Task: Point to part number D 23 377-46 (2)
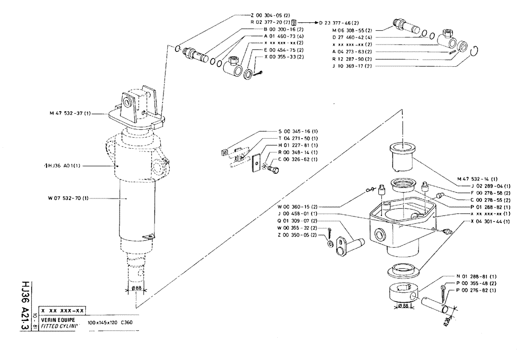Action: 340,22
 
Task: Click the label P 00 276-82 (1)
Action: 476,290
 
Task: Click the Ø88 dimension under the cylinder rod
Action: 137,289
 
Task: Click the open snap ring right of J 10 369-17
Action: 475,51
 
